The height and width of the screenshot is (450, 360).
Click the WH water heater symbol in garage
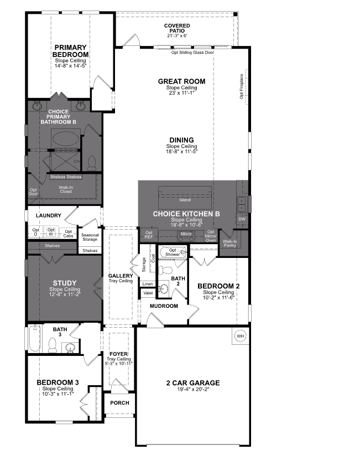coord(240,336)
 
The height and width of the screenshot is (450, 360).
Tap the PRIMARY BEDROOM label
coord(71,51)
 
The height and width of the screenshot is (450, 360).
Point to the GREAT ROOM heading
coord(181,81)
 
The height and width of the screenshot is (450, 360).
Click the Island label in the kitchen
coord(185,199)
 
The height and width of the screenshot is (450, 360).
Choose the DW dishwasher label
coord(242,220)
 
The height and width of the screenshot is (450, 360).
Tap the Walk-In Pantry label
coord(229,244)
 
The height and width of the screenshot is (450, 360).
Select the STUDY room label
coord(65,283)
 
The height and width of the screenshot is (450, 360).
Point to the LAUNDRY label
coord(48,215)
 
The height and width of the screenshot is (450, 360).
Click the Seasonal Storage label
coord(90,237)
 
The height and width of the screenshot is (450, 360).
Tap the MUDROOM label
coord(164,306)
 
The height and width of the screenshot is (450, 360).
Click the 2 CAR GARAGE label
coord(193,382)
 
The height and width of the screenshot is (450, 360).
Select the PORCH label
coord(119,403)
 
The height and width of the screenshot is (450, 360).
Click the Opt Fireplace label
coord(242,86)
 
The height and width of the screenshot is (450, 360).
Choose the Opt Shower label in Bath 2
coord(173,252)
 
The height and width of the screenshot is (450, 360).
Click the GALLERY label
coord(121,276)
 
